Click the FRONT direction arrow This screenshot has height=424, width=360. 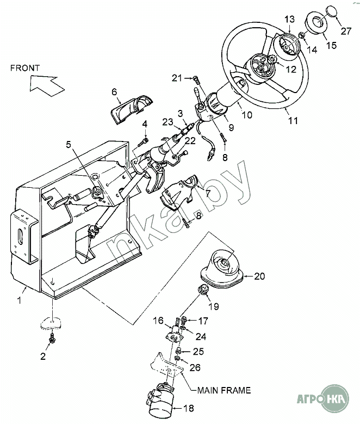coord(46,85)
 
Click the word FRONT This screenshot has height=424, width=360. coord(25,68)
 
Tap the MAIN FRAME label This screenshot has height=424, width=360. coord(224,390)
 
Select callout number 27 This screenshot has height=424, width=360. coord(346,31)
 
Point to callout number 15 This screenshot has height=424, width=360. coord(331,45)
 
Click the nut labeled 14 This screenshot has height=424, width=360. coord(302,35)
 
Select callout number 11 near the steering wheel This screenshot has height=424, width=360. coord(293,120)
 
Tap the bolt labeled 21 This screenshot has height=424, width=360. coord(196,81)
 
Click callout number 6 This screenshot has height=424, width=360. coord(114,92)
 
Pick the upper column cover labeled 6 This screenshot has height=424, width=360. coord(132,109)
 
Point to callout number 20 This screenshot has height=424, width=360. coord(259,276)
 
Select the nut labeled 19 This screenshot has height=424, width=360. coord(203,290)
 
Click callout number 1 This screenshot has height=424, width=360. coord(19,300)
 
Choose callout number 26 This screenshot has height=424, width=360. coord(195,367)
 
